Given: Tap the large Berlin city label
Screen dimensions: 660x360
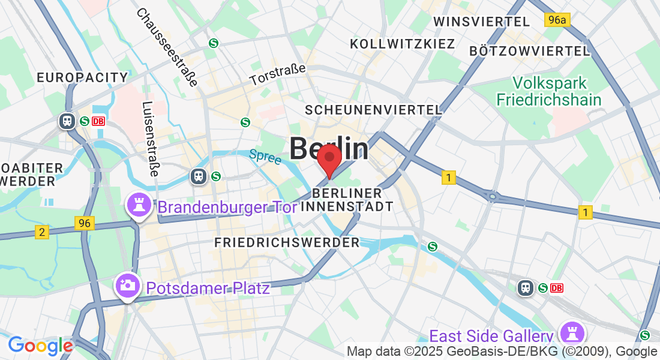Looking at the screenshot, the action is (x=329, y=148).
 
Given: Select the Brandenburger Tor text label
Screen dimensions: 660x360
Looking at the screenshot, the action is (x=227, y=208).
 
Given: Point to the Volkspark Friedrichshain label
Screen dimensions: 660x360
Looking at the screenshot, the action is (x=549, y=91).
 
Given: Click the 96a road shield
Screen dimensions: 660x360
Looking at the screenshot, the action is (x=557, y=20).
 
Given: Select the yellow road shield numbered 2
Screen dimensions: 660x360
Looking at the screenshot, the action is (x=41, y=232).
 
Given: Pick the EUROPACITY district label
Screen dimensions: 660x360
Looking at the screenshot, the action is (x=83, y=77).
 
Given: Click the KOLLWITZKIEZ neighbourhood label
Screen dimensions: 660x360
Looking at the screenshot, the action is (x=403, y=44).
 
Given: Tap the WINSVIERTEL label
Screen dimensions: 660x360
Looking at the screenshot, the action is (x=482, y=22).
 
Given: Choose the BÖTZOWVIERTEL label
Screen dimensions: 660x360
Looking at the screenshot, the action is (x=530, y=51).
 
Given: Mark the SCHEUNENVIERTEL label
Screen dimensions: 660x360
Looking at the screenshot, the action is (x=373, y=110).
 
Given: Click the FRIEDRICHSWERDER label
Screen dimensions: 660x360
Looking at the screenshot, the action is (x=287, y=242).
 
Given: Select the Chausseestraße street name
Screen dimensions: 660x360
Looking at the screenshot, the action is (x=167, y=47).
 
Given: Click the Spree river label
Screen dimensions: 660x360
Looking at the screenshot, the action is (x=265, y=157).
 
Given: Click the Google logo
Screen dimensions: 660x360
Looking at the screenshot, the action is (x=40, y=346).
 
